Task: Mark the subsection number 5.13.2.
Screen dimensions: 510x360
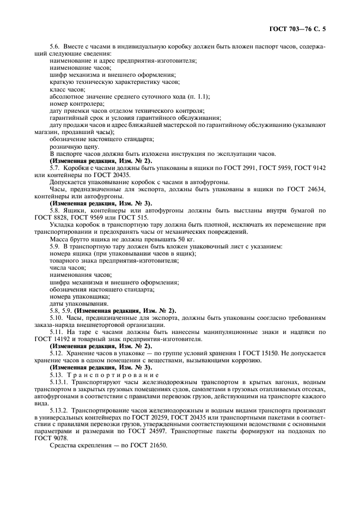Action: (x=59, y=409)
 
